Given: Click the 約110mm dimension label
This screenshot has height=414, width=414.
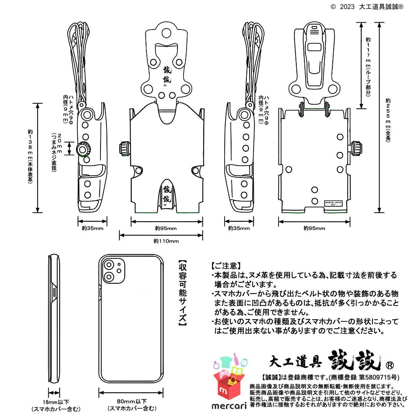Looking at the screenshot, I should click(166, 241).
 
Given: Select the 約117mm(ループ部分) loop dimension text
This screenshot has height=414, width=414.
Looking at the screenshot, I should click(368, 66).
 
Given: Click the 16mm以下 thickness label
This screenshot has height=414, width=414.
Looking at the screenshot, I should click(56, 402).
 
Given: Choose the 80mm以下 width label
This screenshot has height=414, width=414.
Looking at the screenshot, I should click(131, 402).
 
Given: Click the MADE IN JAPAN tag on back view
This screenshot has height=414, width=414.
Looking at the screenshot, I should click(333, 203).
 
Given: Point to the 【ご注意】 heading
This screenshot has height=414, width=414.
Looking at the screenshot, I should click(226, 266).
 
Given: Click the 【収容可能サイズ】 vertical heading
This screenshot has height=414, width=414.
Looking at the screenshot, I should click(183, 293).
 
